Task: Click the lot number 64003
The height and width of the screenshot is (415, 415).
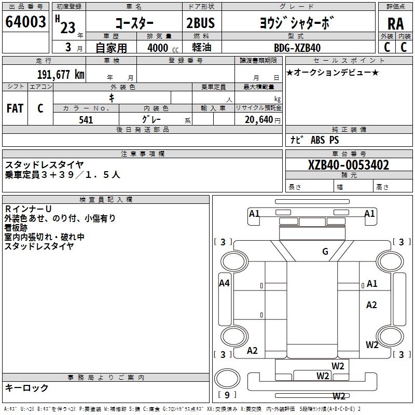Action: [25, 22]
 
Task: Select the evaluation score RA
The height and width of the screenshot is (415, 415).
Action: [395, 23]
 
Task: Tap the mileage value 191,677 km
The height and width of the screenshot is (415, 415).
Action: [61, 75]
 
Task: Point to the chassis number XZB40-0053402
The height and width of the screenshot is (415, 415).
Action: [349, 165]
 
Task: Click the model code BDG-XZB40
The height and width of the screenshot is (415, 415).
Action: [297, 48]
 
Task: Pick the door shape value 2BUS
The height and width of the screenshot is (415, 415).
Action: [201, 23]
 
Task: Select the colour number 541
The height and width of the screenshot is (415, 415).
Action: [86, 120]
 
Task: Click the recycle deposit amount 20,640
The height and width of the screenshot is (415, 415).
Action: [258, 120]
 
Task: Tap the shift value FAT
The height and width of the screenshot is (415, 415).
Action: [15, 108]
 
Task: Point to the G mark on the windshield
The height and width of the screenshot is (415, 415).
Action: [325, 252]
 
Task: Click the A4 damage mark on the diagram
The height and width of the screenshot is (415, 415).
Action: [224, 283]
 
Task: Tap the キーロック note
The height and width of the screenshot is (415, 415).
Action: [27, 388]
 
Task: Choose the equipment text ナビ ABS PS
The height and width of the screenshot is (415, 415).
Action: [315, 140]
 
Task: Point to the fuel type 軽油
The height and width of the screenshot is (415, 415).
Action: [201, 48]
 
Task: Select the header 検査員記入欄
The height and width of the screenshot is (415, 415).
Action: [106, 200]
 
